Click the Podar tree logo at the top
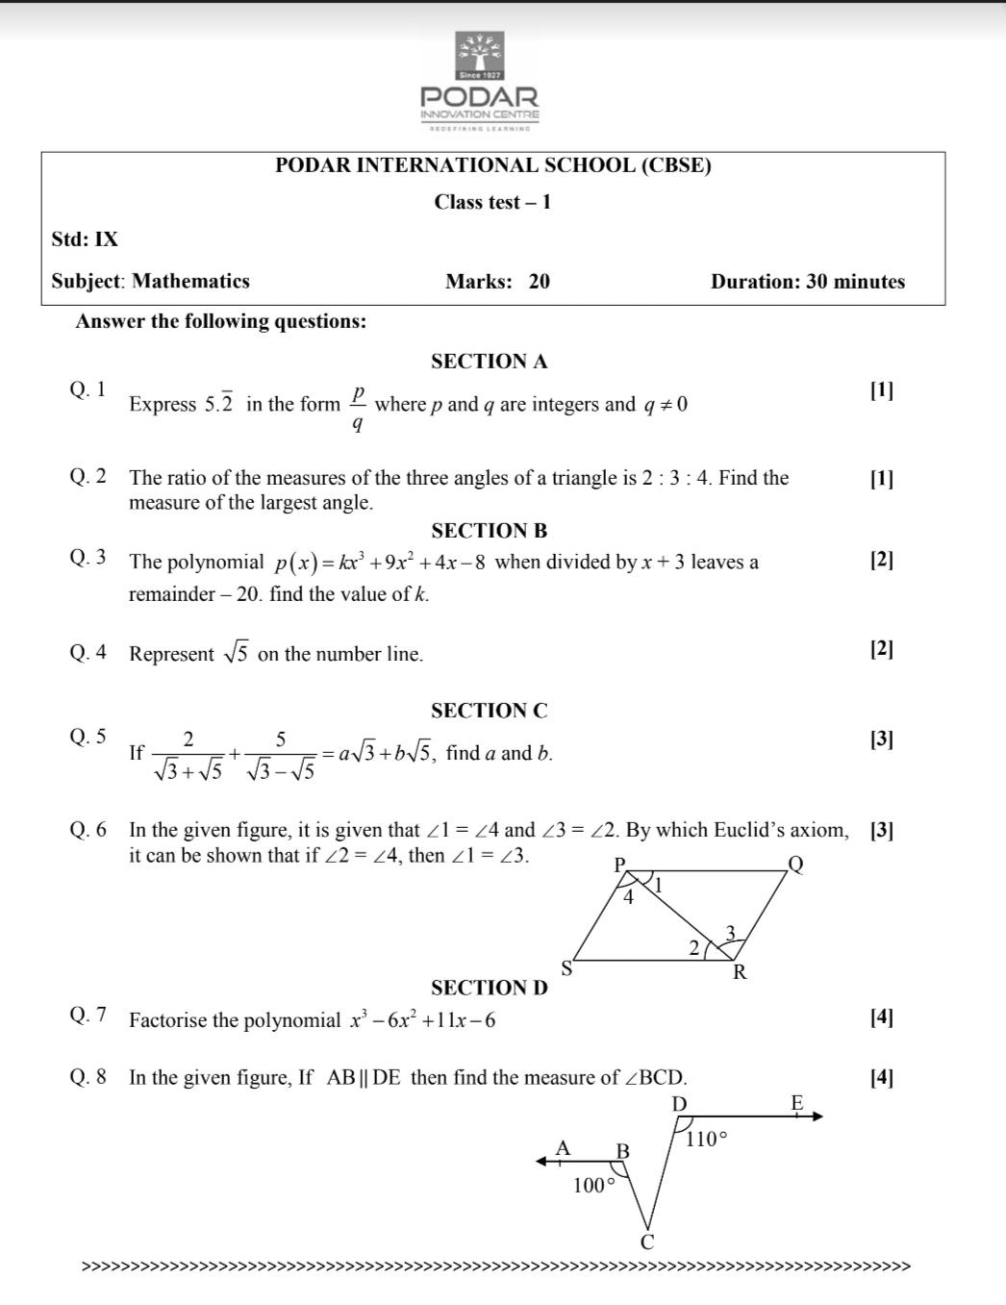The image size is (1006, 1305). [x=479, y=55]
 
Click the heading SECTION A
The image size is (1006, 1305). [x=489, y=362]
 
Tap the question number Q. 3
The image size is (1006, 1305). [x=88, y=558]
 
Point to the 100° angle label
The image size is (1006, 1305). [x=593, y=1186]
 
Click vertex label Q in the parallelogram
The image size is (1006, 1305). [x=795, y=864]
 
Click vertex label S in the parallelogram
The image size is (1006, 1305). [x=566, y=967]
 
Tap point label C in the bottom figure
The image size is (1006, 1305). [x=647, y=1242]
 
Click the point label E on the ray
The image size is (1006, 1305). [x=796, y=1103]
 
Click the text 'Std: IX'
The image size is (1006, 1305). [x=85, y=239]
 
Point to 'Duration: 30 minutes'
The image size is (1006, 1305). [x=808, y=282]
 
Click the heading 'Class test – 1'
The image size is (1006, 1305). [x=492, y=202]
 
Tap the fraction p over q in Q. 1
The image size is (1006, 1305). [x=358, y=407]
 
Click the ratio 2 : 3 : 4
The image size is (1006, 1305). [x=676, y=478]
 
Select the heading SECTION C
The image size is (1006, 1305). [x=489, y=711]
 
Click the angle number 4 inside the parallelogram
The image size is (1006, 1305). [x=629, y=898]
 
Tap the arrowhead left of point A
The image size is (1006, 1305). [x=541, y=1161]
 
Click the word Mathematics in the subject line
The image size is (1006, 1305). [x=190, y=282]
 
